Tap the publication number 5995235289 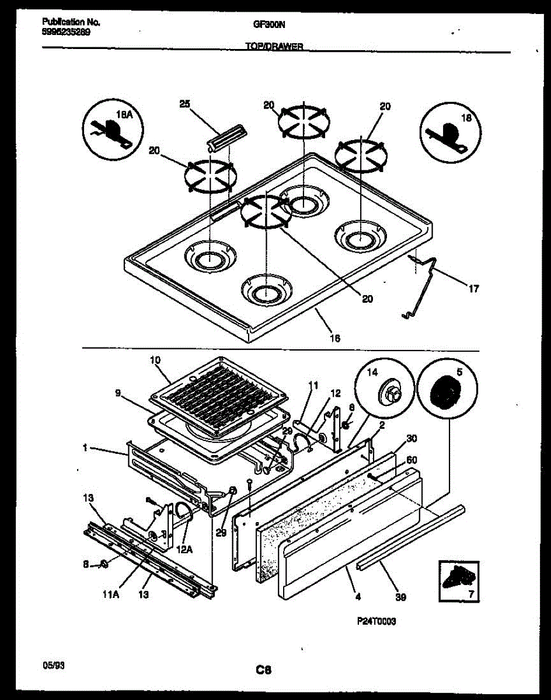tap(66, 33)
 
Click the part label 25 tap(184, 104)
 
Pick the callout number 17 tap(473, 288)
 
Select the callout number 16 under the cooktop tap(334, 338)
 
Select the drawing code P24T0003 tap(376, 622)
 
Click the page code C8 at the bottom tap(266, 670)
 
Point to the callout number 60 tap(412, 459)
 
